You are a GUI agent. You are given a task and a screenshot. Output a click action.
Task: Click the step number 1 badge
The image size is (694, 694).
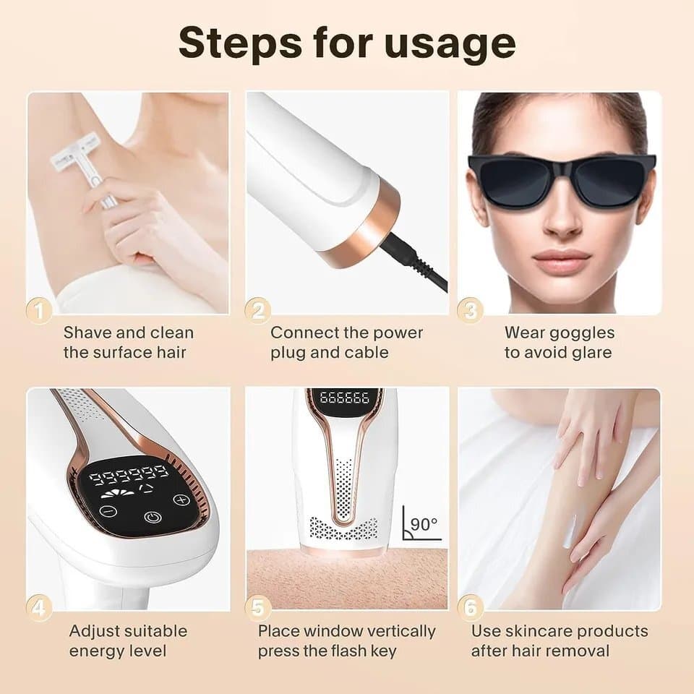[x=39, y=311]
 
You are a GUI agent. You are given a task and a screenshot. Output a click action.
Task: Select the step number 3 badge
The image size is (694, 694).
[x=470, y=310]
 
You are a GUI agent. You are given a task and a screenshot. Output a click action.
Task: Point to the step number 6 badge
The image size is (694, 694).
[x=470, y=608]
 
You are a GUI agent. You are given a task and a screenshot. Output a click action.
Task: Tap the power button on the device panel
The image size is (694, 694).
[x=153, y=517]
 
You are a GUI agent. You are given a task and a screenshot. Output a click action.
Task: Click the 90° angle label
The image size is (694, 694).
[x=424, y=524]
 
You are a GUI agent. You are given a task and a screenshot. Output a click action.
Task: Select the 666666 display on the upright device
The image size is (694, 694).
[x=344, y=397]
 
